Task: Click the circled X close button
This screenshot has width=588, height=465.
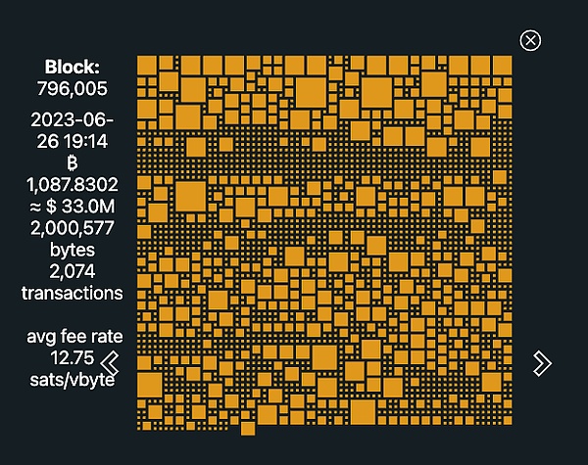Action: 530,40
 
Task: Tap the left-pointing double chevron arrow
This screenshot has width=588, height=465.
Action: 111,363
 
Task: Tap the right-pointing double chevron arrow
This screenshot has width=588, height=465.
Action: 542,363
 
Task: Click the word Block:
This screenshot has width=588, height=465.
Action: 73,68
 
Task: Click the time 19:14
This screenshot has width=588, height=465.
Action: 85,141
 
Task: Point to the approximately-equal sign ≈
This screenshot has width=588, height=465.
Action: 33,206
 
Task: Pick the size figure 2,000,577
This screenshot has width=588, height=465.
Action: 73,228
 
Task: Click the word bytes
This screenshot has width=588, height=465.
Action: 73,250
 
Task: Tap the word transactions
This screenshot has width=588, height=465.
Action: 73,293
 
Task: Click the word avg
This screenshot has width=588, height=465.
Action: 43,338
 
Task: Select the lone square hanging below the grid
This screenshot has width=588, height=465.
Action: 248,428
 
